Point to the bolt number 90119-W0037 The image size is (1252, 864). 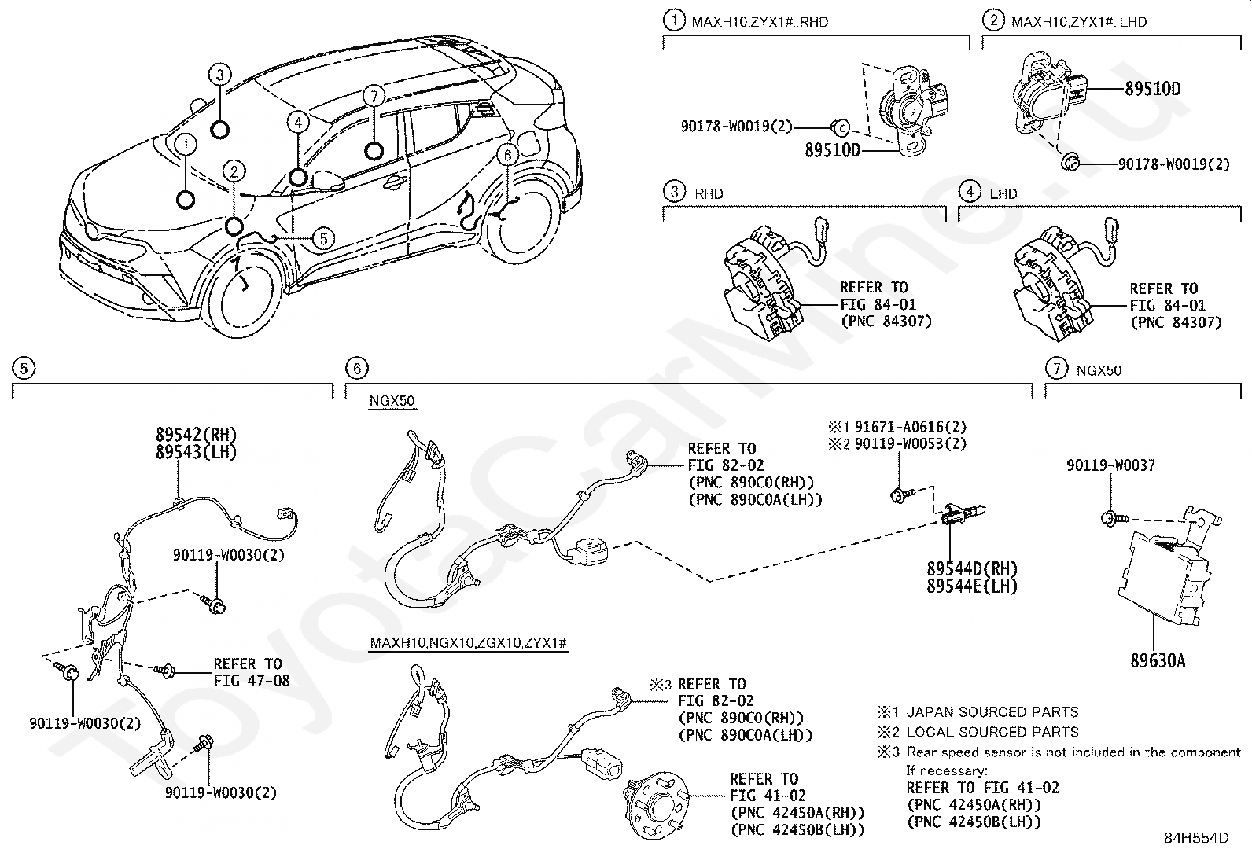pos(1110,465)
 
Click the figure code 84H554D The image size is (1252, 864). pos(1196,838)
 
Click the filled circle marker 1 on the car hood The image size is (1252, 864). pos(186,200)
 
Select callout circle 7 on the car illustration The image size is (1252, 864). pos(374,97)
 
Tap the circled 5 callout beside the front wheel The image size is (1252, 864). pos(322,238)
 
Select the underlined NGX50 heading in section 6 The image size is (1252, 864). pos(392,401)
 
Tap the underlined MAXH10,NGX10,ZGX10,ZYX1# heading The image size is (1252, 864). pos(469,643)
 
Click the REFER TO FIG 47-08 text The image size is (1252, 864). pos(251,672)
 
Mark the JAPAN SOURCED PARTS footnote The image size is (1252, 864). pos(992,712)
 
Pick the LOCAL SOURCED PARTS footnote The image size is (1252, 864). pos(992,732)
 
